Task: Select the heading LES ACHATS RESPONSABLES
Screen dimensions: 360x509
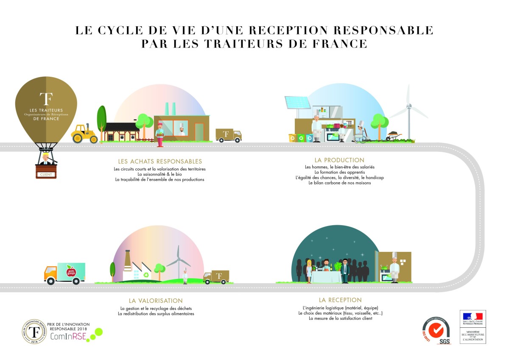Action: [x=160, y=162]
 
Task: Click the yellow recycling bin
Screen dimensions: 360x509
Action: [x=293, y=138]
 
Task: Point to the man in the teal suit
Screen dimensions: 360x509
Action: [x=345, y=271]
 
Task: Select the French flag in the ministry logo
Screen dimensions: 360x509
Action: [x=473, y=315]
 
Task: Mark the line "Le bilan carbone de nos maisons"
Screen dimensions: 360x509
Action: [x=339, y=183]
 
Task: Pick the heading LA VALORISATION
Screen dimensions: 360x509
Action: [x=156, y=301]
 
